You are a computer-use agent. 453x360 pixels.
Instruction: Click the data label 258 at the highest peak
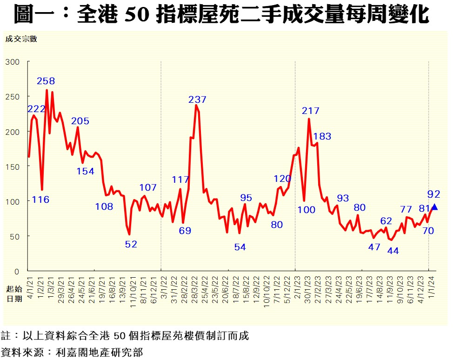coord(46,81)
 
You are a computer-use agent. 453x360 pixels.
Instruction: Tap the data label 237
coord(197,100)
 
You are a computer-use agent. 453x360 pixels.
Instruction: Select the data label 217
coord(311,111)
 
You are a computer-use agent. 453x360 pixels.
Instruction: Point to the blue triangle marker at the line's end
coord(434,207)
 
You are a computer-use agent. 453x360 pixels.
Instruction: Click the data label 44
coord(393,251)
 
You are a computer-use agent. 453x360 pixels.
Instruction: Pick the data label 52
coord(131,244)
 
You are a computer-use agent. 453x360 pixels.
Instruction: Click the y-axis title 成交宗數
coord(21,39)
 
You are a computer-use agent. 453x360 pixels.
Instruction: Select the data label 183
coord(322,136)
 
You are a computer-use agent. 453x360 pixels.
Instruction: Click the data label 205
coord(80,121)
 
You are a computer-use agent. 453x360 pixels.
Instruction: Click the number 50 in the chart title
coord(137,15)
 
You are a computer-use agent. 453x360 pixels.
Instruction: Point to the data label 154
coord(85,171)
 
